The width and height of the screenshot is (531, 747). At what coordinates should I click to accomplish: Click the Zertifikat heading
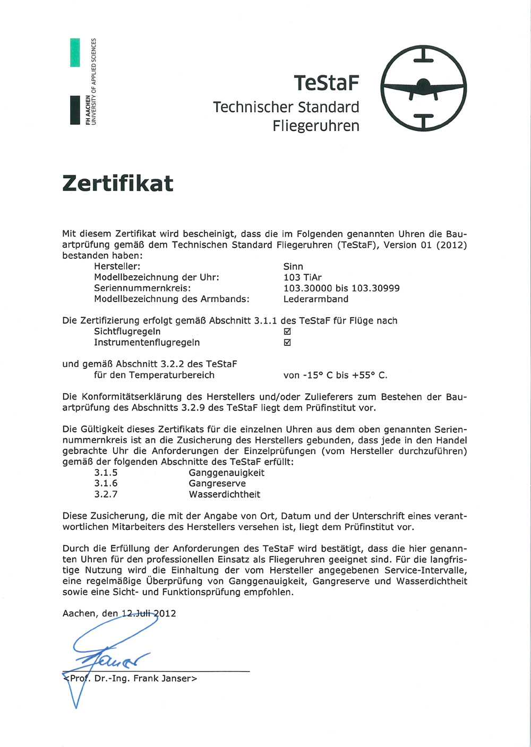[x=118, y=184]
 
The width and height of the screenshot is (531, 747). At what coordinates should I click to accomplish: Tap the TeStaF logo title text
[x=326, y=83]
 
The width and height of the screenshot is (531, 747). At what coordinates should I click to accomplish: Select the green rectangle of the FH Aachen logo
[x=75, y=53]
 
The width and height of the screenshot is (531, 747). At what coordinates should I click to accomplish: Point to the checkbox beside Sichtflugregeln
[x=287, y=332]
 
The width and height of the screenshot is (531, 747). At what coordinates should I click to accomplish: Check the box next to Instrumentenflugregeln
[x=287, y=343]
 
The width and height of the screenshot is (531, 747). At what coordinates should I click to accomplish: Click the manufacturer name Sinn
[x=293, y=266]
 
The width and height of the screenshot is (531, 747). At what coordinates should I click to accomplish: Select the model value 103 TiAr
[x=302, y=277]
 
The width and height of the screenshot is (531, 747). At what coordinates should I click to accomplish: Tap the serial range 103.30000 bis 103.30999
[x=341, y=288]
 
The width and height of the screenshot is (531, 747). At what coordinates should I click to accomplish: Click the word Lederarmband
[x=315, y=299]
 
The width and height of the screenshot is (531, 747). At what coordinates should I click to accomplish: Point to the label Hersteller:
[x=117, y=266]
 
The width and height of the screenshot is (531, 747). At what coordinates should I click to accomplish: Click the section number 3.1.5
[x=106, y=473]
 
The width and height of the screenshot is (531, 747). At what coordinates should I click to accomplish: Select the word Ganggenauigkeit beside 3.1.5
[x=226, y=473]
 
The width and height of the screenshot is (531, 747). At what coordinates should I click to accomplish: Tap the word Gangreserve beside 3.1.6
[x=217, y=484]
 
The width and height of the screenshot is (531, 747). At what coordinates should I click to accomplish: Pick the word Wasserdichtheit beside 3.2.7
[x=224, y=494]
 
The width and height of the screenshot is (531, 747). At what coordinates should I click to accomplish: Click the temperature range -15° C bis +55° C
[x=335, y=375]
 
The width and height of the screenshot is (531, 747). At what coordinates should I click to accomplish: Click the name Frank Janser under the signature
[x=165, y=679]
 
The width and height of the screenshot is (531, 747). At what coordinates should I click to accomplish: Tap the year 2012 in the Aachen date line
[x=165, y=613]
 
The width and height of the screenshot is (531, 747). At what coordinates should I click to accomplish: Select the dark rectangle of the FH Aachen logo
[x=75, y=110]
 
